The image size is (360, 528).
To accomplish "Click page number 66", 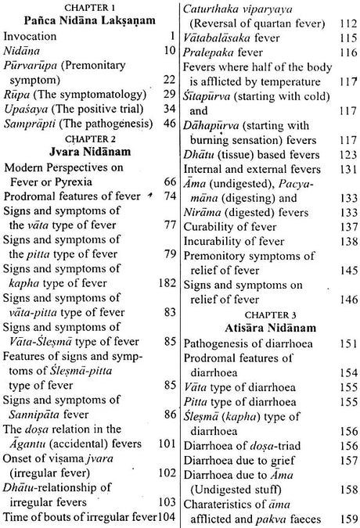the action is pyautogui.click(x=169, y=202).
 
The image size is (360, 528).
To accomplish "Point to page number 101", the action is pyautogui.click(x=165, y=429).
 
